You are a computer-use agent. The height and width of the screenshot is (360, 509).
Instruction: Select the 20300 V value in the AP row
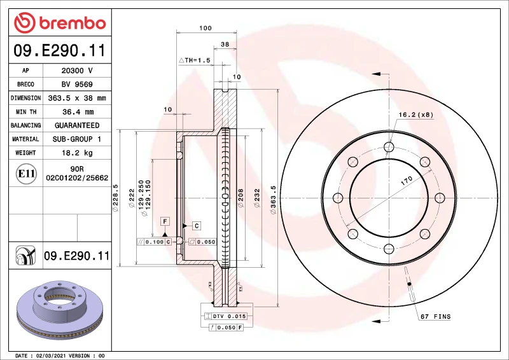click(x=77, y=71)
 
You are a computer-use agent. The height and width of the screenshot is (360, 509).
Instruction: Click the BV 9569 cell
click(x=77, y=85)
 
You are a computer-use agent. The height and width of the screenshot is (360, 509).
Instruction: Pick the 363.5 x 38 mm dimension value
click(x=77, y=98)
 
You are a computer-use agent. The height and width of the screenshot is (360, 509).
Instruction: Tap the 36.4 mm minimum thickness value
click(x=77, y=112)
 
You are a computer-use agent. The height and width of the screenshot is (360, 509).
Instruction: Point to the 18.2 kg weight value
click(x=77, y=153)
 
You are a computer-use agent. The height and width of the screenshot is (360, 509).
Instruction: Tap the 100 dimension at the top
click(x=205, y=28)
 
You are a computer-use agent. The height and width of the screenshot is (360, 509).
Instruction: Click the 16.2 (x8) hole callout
click(x=415, y=115)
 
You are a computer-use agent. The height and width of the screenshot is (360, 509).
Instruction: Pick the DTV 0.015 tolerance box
click(x=228, y=316)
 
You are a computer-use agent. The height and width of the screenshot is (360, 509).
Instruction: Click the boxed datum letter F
click(x=165, y=221)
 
